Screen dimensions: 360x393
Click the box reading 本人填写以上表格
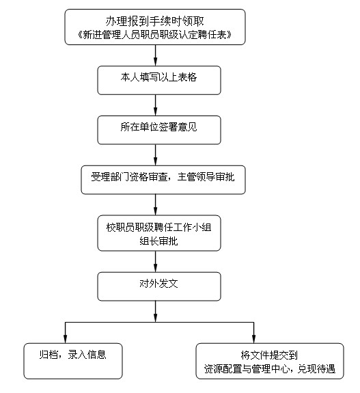click(x=159, y=80)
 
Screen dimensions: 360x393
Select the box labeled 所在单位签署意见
click(x=159, y=130)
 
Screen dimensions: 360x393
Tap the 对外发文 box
click(x=159, y=286)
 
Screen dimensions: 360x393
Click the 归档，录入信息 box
click(x=73, y=361)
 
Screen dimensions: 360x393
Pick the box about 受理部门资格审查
click(x=163, y=180)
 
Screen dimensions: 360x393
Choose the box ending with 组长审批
click(x=159, y=233)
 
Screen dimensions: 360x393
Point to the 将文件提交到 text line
click(x=269, y=355)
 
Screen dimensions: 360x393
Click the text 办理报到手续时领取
click(x=155, y=21)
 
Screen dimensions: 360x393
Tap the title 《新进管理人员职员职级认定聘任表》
click(x=155, y=35)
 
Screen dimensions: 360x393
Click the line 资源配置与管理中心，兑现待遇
click(x=270, y=368)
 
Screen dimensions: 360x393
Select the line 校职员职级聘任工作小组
click(x=159, y=228)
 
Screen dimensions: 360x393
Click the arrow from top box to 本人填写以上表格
click(x=155, y=55)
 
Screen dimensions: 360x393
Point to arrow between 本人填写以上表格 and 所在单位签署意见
click(x=155, y=105)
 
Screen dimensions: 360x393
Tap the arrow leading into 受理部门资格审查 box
click(x=155, y=154)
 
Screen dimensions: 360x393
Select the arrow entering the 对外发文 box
click(x=155, y=261)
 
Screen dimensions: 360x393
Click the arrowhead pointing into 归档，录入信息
click(x=65, y=339)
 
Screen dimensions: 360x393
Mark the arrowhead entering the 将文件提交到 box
click(x=254, y=339)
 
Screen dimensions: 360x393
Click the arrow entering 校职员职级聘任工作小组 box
click(x=155, y=204)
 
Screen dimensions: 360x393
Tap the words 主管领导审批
click(x=206, y=177)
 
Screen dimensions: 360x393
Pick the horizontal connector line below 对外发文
click(x=159, y=323)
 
